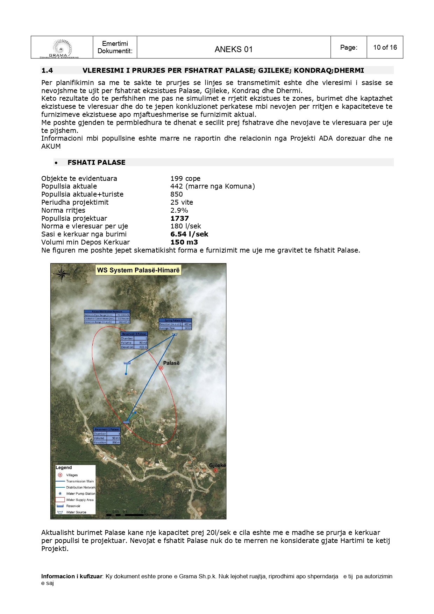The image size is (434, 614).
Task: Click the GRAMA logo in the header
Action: [62, 48]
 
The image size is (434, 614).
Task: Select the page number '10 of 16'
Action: [385, 47]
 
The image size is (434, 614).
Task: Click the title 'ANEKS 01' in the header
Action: [233, 49]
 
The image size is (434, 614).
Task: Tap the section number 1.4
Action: [47, 70]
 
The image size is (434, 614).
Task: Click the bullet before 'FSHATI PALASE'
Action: [56, 163]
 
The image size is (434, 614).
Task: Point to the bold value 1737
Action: [179, 218]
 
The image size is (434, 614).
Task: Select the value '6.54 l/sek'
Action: [189, 234]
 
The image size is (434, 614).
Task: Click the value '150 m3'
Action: [184, 242]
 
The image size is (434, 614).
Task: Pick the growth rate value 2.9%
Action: [179, 210]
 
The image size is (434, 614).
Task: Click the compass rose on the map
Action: [62, 274]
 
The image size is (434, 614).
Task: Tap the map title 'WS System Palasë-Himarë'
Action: [138, 270]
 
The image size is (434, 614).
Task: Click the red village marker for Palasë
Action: [161, 368]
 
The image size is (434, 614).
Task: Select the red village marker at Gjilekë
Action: [215, 470]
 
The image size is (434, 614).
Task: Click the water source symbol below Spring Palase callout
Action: [175, 334]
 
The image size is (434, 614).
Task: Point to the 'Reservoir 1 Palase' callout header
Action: [107, 429]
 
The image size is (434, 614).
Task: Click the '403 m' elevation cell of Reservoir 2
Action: [143, 347]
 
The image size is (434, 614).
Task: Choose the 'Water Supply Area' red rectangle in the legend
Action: [60, 500]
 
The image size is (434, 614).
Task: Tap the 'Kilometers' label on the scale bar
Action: [152, 515]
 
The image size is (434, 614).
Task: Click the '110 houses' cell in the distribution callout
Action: [123, 319]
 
